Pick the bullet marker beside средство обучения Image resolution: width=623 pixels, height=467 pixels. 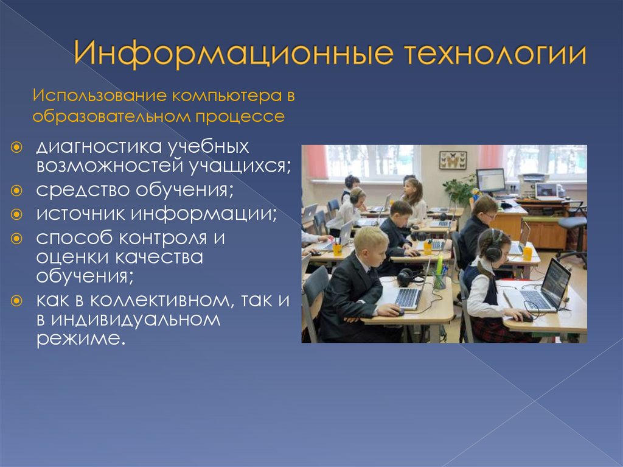pyautogui.click(x=16, y=191)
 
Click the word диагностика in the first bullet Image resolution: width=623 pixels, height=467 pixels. pyautogui.click(x=99, y=147)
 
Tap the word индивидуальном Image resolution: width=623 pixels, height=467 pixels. pyautogui.click(x=136, y=320)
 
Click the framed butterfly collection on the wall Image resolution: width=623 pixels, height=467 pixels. pyautogui.click(x=453, y=160)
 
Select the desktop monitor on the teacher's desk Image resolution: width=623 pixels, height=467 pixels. pyautogui.click(x=491, y=181)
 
